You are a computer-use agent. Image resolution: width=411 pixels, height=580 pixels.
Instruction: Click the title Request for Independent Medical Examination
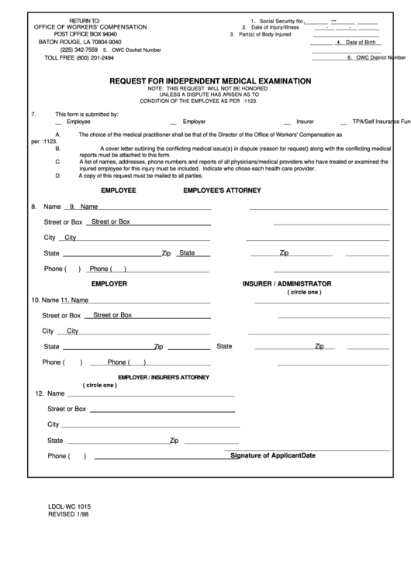[210, 81]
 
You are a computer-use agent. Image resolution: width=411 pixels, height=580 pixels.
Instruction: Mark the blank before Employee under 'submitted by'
[59, 122]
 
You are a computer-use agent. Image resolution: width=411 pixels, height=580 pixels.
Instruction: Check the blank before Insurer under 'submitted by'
[288, 122]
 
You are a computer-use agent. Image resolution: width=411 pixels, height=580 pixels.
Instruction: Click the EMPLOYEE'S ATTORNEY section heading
[222, 190]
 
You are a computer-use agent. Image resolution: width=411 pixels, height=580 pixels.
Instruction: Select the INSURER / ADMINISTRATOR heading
[287, 283]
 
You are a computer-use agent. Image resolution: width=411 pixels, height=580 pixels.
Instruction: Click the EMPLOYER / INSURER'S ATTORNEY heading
[163, 376]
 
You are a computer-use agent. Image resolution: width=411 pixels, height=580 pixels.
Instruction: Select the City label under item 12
[54, 424]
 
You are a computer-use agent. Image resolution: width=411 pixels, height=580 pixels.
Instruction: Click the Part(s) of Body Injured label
[263, 35]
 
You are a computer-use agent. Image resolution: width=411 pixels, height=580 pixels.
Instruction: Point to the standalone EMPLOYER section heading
[109, 283]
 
